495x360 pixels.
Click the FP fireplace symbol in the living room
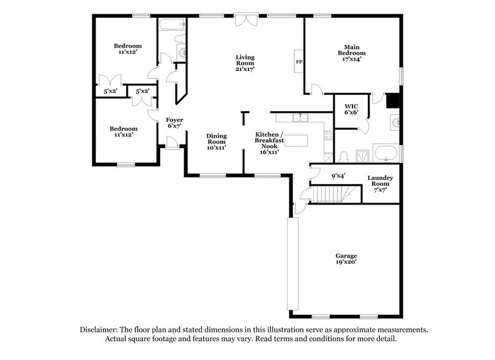pos(299,62)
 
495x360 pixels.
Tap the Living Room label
pos(245,63)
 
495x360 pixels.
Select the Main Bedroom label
pos(351,53)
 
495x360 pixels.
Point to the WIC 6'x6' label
pos(351,108)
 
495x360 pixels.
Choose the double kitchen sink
pos(300,118)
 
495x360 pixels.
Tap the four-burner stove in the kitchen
pos(329,137)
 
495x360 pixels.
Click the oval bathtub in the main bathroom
pos(386,152)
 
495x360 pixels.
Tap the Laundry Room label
pos(380,184)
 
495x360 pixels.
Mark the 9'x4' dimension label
pos(338,176)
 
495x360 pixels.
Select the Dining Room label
pos(217,141)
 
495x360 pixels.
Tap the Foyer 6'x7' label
pos(175,122)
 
